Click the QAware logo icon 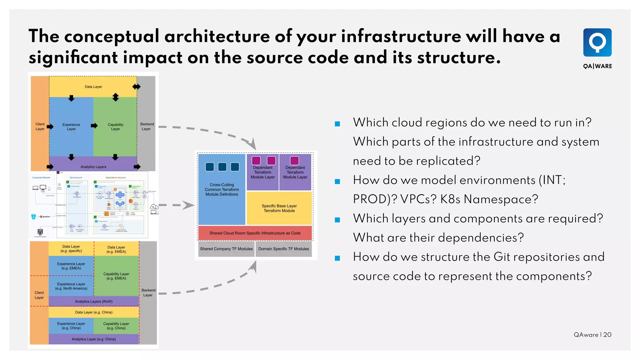(x=597, y=42)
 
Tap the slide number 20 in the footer (x=607, y=335)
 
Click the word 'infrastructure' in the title (x=401, y=36)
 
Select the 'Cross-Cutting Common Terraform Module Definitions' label (x=222, y=189)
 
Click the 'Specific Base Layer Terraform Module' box (x=279, y=208)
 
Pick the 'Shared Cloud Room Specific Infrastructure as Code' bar (x=255, y=233)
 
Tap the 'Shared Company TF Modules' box (x=226, y=249)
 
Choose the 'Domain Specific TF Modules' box (x=283, y=249)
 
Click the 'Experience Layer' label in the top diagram (x=71, y=127)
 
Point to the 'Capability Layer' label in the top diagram (x=115, y=127)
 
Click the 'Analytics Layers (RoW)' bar (x=93, y=301)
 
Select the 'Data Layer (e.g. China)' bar (x=93, y=312)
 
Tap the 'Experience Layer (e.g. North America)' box (x=71, y=286)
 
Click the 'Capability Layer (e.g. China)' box (x=116, y=326)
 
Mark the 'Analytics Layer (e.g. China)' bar (x=93, y=339)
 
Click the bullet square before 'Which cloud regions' (x=337, y=124)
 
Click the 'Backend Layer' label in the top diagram (x=147, y=126)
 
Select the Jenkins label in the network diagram (x=46, y=217)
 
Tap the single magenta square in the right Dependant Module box (x=294, y=161)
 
